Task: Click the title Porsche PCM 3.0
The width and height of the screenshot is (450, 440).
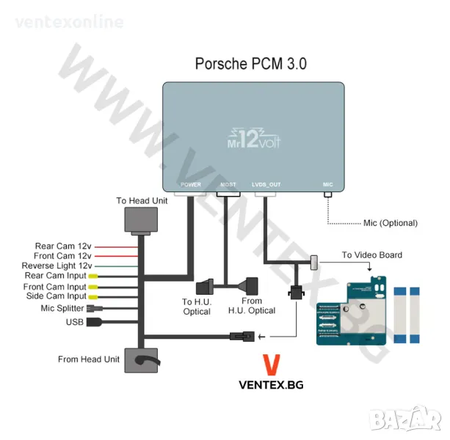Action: click(x=250, y=64)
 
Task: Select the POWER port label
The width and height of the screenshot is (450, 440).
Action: click(x=190, y=185)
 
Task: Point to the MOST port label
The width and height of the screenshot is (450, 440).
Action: click(x=228, y=185)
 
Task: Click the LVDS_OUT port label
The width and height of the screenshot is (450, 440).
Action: click(x=266, y=185)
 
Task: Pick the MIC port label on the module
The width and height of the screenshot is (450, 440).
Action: click(x=327, y=185)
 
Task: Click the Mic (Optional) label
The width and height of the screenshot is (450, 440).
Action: click(x=390, y=223)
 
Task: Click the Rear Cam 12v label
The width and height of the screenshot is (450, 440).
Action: click(x=63, y=246)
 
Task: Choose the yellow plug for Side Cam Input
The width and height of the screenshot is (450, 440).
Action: click(x=93, y=296)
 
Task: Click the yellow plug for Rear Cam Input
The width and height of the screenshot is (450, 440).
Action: click(x=93, y=276)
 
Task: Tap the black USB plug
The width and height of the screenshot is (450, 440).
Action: click(x=95, y=321)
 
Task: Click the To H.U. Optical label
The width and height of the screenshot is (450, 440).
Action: click(x=196, y=307)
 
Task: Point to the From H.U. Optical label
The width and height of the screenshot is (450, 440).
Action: click(x=251, y=306)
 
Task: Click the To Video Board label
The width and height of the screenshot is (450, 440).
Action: click(x=371, y=255)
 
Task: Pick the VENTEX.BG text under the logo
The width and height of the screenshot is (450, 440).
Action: click(x=271, y=384)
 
